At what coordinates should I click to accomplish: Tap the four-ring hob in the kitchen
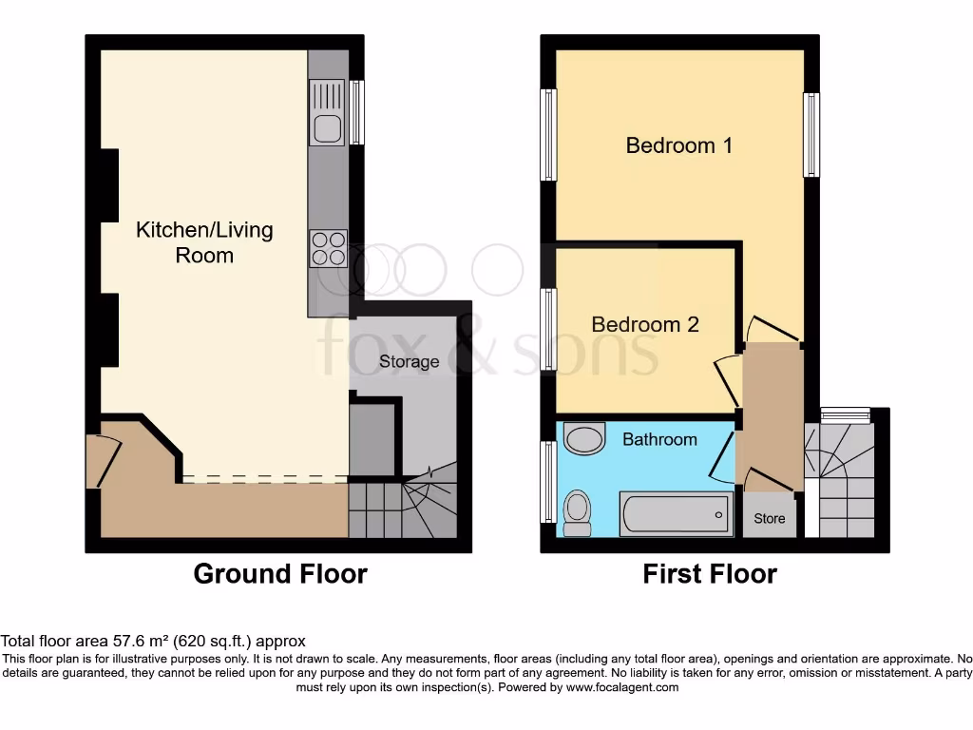[x=328, y=248]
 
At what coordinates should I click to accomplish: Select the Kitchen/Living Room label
[x=204, y=242]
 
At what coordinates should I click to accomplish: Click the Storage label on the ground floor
[x=409, y=361]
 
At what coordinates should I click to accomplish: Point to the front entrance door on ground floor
[x=103, y=461]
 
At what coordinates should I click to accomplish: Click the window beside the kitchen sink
[x=357, y=112]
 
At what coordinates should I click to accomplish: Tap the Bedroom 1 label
[x=678, y=145]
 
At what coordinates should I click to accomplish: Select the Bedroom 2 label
[x=645, y=324]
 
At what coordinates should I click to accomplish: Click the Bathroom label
[x=659, y=439]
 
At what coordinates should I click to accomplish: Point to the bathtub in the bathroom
[x=675, y=514]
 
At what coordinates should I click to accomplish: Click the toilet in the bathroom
[x=576, y=511]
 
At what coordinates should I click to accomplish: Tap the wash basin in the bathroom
[x=583, y=439]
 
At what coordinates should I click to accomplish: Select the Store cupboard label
[x=770, y=519]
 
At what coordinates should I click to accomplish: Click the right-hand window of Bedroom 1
[x=811, y=134]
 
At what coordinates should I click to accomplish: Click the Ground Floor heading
[x=280, y=574]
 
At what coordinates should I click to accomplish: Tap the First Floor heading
[x=710, y=574]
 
